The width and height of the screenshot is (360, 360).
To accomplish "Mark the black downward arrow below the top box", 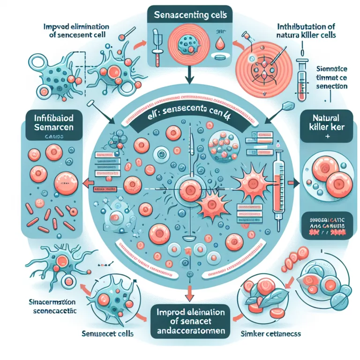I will click(x=187, y=75).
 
